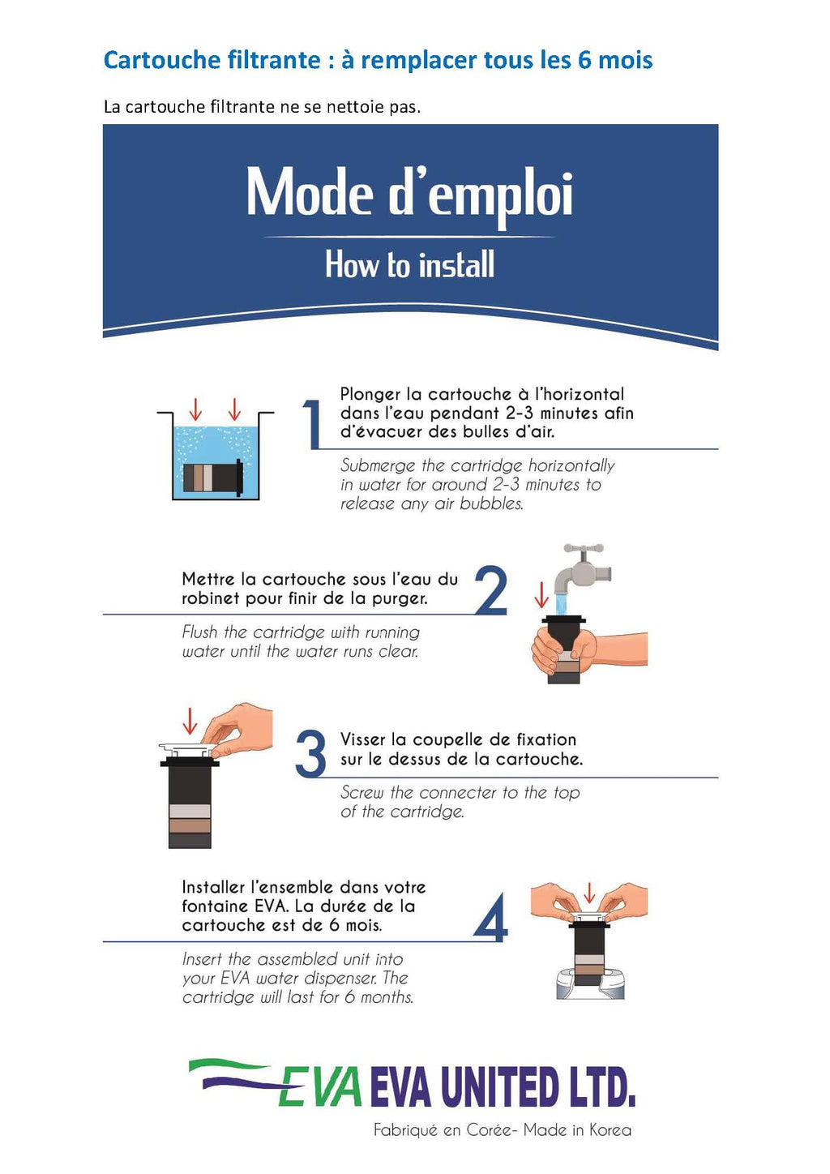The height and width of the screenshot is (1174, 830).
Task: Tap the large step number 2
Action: tap(491, 590)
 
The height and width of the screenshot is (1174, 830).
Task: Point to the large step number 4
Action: tap(490, 917)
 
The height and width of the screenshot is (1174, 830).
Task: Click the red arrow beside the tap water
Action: tap(541, 594)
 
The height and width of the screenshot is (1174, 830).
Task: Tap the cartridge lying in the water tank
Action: tap(213, 477)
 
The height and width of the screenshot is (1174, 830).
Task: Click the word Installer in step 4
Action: tap(213, 887)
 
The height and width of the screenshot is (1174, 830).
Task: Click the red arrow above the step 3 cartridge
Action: tap(190, 721)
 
